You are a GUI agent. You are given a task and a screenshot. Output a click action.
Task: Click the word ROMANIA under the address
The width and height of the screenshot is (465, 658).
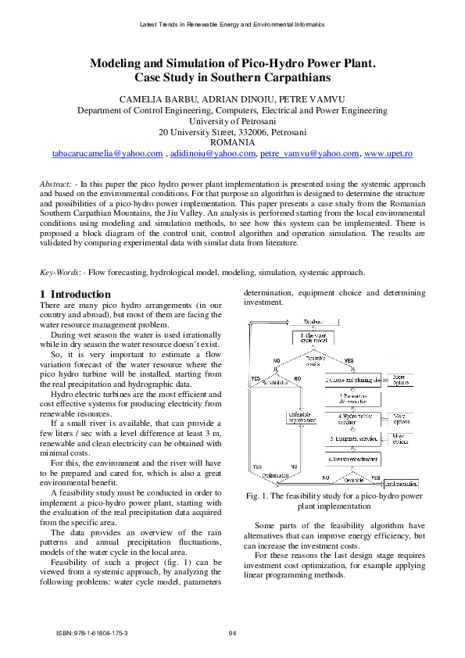pos(232,143)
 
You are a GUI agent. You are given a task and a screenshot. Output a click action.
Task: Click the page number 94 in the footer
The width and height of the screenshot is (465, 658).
pos(232,632)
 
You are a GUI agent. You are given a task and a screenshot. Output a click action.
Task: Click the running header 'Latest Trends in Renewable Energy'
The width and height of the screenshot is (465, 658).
pos(232,25)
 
